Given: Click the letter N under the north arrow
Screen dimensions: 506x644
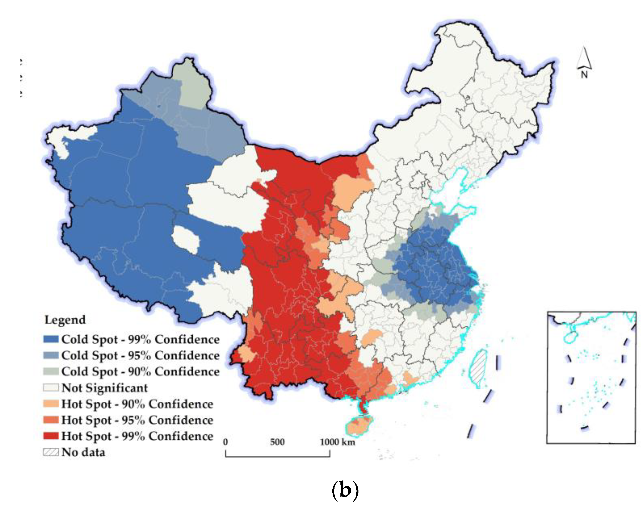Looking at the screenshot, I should tap(584, 75).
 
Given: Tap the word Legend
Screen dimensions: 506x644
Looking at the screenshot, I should tap(65, 320).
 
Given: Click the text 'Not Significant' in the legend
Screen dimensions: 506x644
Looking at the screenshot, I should tap(105, 388).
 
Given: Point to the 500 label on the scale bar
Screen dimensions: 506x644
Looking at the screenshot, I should tap(277, 442).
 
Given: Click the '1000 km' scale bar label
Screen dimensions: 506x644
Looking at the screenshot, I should tap(337, 442).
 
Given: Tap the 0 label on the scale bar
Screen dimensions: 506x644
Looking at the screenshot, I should tap(226, 442).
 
